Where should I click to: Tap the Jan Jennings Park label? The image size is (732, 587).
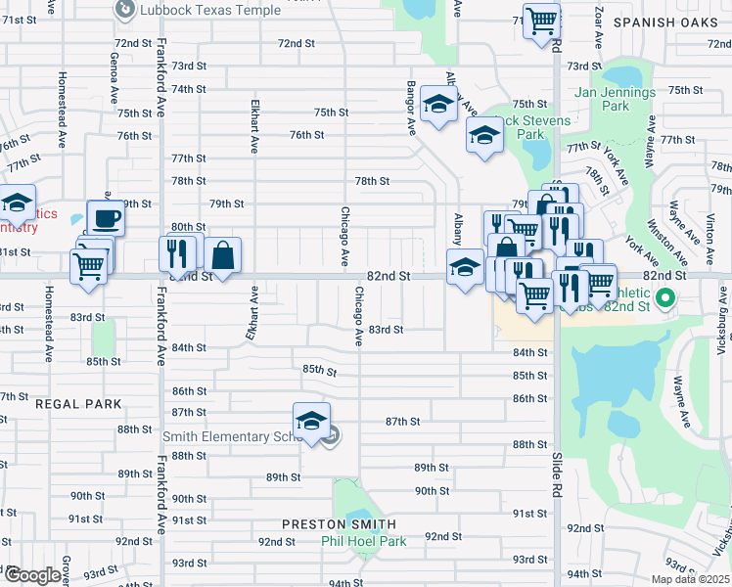[x=615, y=98]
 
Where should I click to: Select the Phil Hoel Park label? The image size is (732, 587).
[x=364, y=541]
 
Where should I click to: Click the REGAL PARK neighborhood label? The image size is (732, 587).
[x=79, y=403]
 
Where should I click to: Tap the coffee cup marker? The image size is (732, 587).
[x=106, y=217]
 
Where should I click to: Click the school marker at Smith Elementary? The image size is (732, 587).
[x=312, y=421]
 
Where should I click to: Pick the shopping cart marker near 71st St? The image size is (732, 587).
[x=540, y=20]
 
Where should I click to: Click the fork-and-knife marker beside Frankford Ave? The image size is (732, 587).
[x=177, y=253]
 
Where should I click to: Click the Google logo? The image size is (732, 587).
[x=32, y=575]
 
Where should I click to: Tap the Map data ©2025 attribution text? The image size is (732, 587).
[x=691, y=579]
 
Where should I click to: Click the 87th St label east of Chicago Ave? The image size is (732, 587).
[x=402, y=422]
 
